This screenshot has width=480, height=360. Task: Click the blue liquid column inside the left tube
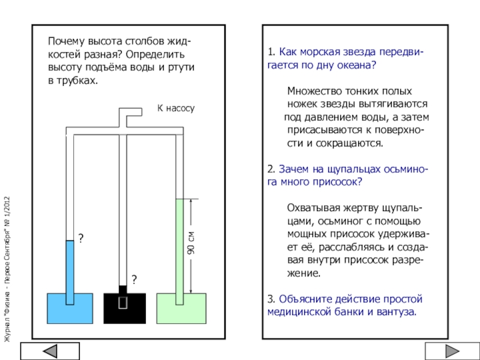point(70,267)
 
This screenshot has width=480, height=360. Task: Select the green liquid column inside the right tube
point(179,246)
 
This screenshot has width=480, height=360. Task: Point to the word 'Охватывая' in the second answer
point(311,208)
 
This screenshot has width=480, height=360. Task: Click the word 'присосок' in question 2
point(342,181)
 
